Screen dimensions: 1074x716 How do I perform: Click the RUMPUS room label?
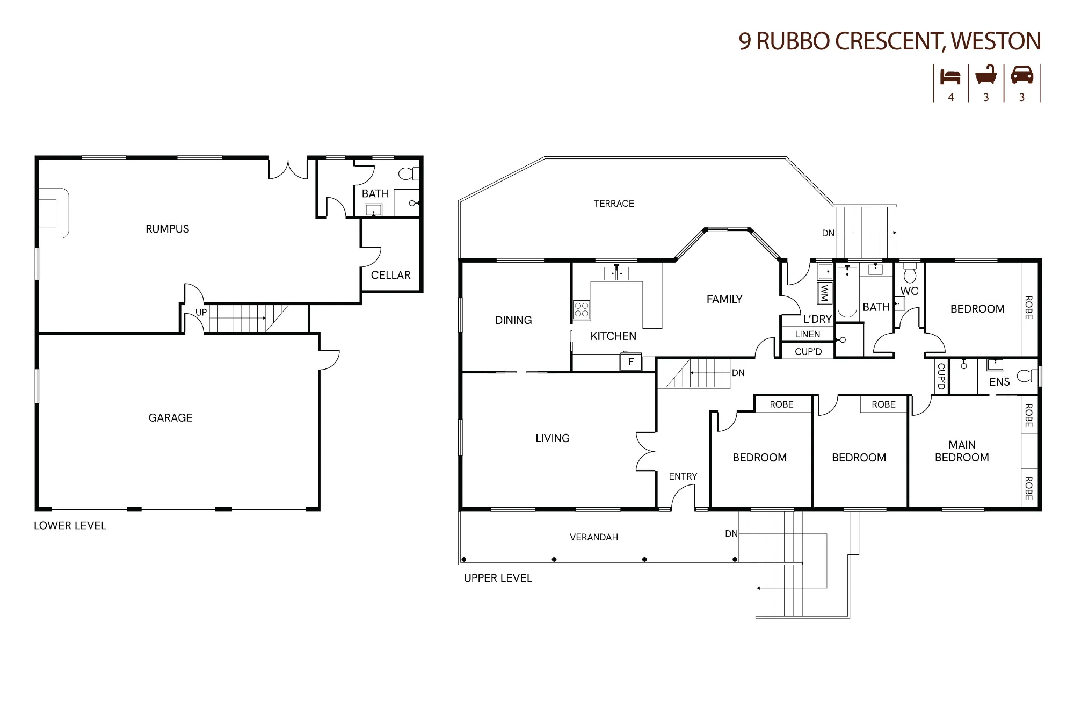point(168,229)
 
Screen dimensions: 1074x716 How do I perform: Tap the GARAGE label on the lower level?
point(170,418)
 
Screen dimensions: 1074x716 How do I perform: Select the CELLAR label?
point(390,275)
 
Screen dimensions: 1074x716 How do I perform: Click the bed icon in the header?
point(950,77)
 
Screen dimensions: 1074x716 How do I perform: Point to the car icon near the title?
point(1022,75)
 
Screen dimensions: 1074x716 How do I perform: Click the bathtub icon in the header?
point(986,75)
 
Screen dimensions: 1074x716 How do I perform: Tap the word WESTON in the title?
point(996,41)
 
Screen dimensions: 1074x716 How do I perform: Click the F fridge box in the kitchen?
point(631,361)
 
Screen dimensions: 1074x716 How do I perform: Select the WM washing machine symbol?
point(824,293)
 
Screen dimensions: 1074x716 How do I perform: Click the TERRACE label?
point(614,204)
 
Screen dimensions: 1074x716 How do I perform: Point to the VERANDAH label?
point(593,537)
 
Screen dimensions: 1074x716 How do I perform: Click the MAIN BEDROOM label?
point(962,451)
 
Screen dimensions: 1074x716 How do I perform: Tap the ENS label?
point(999,382)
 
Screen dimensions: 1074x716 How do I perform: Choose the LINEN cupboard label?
point(808,334)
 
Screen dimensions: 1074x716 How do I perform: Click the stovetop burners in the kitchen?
point(582,310)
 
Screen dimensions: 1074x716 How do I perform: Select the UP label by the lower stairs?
point(201,312)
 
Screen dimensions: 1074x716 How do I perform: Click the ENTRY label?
point(683,476)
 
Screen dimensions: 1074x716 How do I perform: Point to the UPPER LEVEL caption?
point(498,578)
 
